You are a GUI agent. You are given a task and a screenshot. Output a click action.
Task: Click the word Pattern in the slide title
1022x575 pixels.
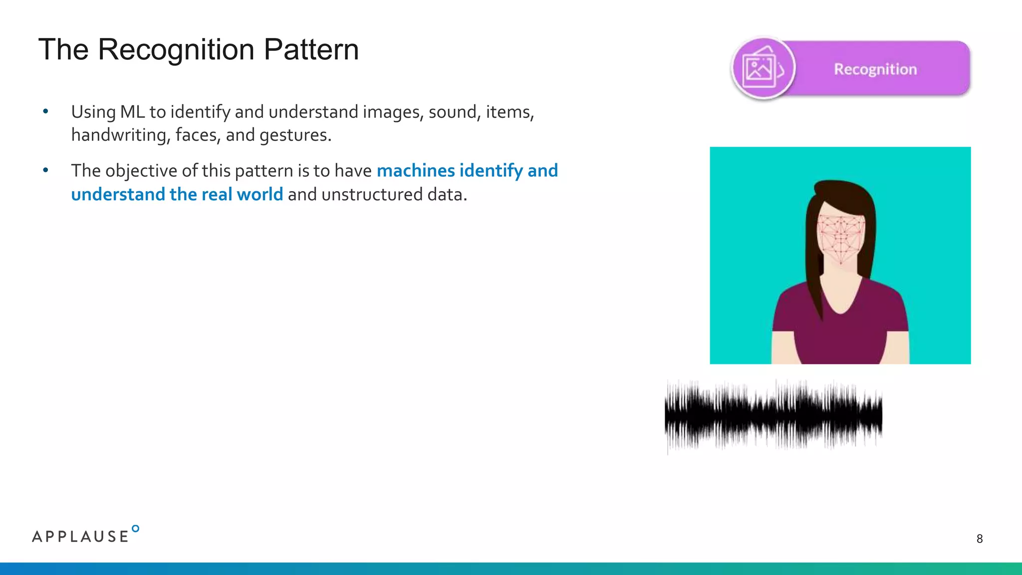pyautogui.click(x=311, y=50)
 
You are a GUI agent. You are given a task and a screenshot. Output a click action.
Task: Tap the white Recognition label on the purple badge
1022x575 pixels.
pyautogui.click(x=875, y=69)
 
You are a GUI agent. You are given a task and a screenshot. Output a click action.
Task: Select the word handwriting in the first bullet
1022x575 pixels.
pyautogui.click(x=118, y=135)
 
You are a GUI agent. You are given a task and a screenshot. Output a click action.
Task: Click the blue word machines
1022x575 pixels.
pyautogui.click(x=416, y=171)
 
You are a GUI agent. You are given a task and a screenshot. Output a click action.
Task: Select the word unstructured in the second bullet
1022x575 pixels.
pyautogui.click(x=372, y=194)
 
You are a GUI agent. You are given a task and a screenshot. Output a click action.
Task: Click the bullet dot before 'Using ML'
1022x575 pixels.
pyautogui.click(x=45, y=112)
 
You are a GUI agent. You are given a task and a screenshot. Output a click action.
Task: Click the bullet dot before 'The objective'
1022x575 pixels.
pyautogui.click(x=45, y=171)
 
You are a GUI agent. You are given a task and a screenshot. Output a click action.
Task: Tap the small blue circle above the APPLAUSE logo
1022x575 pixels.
pyautogui.click(x=135, y=529)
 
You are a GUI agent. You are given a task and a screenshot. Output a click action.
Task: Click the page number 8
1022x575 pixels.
pyautogui.click(x=979, y=539)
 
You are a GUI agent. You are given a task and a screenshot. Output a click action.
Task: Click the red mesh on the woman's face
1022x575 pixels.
pyautogui.click(x=841, y=237)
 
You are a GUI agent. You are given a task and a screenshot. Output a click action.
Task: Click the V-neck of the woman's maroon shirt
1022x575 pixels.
pyautogui.click(x=841, y=304)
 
